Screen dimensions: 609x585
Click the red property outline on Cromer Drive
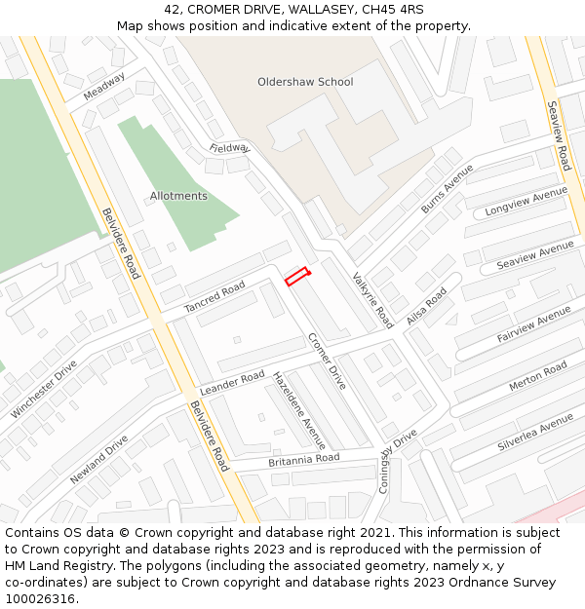tap(297, 277)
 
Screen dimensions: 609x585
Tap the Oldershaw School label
tap(305, 82)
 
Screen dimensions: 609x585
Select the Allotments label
tap(178, 196)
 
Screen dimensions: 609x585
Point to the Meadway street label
tap(104, 87)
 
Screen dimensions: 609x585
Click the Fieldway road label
tap(229, 148)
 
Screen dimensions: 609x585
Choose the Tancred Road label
tap(214, 298)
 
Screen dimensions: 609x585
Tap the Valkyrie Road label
tap(372, 299)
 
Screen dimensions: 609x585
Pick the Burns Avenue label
tap(447, 189)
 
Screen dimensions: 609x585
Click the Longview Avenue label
tap(526, 203)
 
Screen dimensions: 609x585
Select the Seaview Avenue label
tap(535, 255)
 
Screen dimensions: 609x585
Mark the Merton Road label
tap(537, 376)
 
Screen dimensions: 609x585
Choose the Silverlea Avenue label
tap(535, 433)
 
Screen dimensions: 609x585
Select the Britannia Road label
tap(303, 459)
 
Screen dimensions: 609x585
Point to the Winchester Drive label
tap(44, 389)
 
